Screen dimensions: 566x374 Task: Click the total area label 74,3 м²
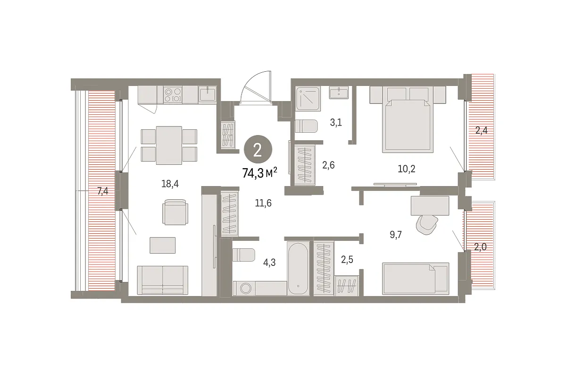pyautogui.click(x=260, y=173)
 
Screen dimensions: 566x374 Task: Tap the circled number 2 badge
pyautogui.click(x=258, y=150)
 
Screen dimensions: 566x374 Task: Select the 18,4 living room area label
pyautogui.click(x=170, y=184)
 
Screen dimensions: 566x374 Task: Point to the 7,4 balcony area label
pyautogui.click(x=103, y=191)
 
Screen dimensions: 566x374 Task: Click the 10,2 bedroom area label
pyautogui.click(x=407, y=169)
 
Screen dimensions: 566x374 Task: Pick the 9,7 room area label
pyautogui.click(x=396, y=235)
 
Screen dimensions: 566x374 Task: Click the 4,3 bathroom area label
pyautogui.click(x=269, y=263)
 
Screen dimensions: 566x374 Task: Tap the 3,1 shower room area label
pyautogui.click(x=336, y=123)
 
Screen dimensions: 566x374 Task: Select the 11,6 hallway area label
pyautogui.click(x=263, y=203)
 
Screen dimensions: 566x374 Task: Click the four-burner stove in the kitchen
pyautogui.click(x=173, y=94)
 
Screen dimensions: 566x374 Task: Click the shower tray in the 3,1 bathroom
pyautogui.click(x=308, y=99)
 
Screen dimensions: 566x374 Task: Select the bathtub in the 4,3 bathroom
pyautogui.click(x=298, y=268)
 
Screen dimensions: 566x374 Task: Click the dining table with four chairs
pyautogui.click(x=169, y=145)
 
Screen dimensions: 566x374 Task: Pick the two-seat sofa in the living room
pyautogui.click(x=162, y=280)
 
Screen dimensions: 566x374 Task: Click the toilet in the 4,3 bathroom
pyautogui.click(x=243, y=255)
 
